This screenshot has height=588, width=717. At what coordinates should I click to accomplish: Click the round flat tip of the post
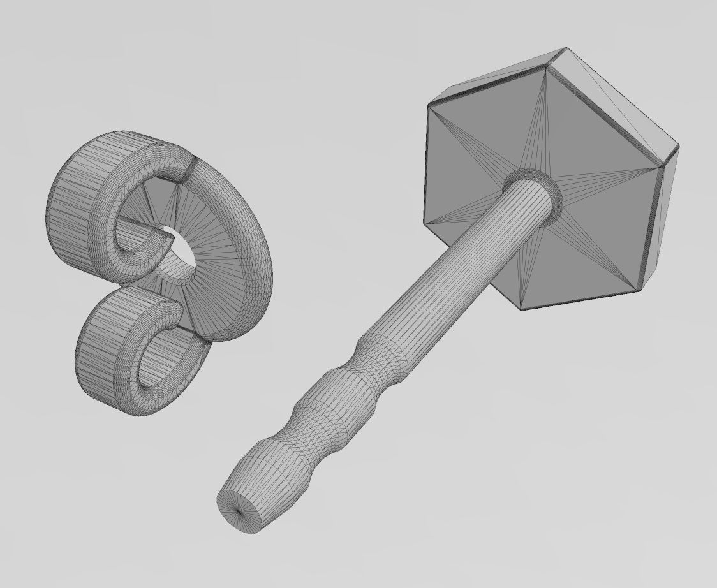coord(240,508)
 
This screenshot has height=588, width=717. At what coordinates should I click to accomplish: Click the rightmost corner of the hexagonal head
coord(677,148)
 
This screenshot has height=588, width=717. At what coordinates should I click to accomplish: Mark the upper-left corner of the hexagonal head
coord(429,103)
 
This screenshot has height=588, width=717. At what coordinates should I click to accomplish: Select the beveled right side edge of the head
coord(660,210)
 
